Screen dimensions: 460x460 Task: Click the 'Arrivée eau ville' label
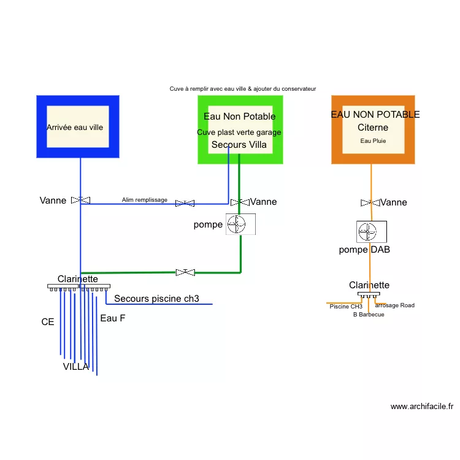(75, 128)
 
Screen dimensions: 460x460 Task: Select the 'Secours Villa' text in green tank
(239, 145)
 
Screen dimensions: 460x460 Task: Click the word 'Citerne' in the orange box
(373, 128)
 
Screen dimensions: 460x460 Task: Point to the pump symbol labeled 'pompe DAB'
(371, 232)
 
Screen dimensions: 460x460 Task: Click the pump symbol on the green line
(240, 224)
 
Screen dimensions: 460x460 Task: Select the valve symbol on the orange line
(370, 202)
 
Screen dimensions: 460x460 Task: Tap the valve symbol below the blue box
(80, 200)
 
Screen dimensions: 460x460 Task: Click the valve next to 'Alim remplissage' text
(185, 203)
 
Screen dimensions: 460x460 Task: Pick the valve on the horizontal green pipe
(185, 272)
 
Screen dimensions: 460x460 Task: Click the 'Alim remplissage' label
(144, 200)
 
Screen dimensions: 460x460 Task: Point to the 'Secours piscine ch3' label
(156, 299)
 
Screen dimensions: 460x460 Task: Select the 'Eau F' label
(113, 318)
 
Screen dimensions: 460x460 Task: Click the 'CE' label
(48, 321)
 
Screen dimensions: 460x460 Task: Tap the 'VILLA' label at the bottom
(76, 367)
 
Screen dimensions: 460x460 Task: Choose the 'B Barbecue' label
(369, 315)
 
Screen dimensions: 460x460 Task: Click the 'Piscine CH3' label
(346, 306)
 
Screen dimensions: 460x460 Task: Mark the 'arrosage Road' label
(394, 305)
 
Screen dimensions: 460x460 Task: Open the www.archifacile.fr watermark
(422, 406)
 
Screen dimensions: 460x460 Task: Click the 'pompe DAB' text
(364, 250)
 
